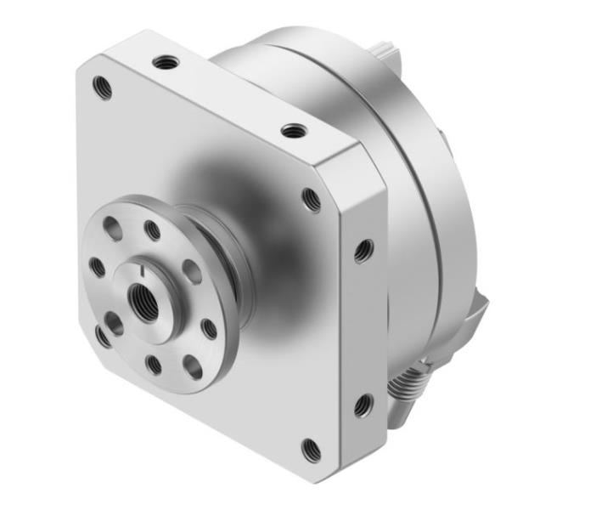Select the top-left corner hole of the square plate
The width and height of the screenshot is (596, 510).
(104, 87)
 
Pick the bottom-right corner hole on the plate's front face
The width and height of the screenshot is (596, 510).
(312, 449)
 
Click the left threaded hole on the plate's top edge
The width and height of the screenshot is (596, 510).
(166, 62)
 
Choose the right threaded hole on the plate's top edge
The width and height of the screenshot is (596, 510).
(294, 131)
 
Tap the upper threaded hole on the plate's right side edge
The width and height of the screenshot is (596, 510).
(363, 250)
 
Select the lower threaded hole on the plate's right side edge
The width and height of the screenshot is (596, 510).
(363, 405)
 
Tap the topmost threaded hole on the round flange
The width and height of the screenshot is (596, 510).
(152, 229)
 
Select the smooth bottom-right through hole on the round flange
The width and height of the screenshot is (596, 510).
(194, 367)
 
